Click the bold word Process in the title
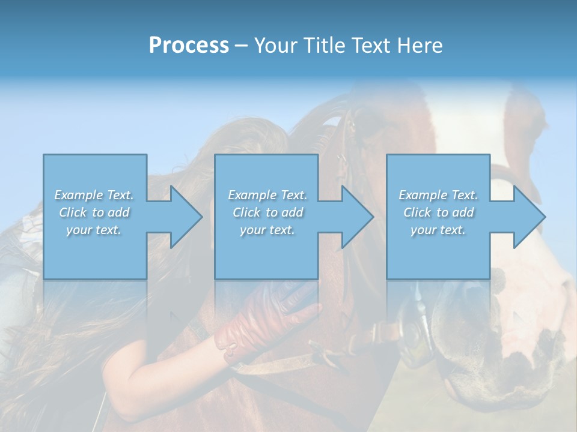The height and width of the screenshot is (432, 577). coord(189,46)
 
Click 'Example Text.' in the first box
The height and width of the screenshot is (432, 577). coord(94,195)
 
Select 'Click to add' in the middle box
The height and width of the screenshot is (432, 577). coord(267,212)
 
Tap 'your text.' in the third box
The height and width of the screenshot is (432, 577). coord(438,230)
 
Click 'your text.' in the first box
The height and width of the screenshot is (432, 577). coord(94,230)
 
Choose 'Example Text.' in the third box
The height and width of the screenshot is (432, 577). coord(438,195)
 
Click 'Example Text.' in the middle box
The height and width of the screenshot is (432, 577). coord(267,195)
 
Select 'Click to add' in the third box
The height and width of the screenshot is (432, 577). coord(438,212)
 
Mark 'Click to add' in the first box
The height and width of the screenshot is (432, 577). coord(94,212)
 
